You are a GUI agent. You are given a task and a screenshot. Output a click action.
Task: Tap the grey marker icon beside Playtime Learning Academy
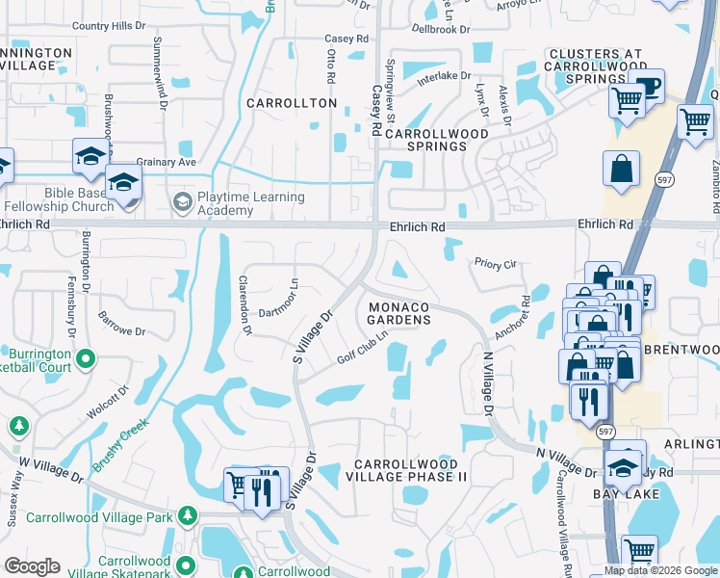point(182,202)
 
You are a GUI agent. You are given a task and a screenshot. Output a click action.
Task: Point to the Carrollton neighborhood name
point(293,103)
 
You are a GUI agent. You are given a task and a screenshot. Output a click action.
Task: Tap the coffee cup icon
point(650,86)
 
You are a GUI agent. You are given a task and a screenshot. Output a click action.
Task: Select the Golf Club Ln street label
point(362,348)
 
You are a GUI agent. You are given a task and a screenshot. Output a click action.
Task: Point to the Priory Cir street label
point(496,262)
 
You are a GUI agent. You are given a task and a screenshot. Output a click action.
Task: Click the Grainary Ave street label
point(166,162)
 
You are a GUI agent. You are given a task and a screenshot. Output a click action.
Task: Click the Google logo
point(32,566)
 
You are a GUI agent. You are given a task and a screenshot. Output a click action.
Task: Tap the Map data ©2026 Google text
point(660,570)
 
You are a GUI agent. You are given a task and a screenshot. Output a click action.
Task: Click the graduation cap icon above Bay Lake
point(623,467)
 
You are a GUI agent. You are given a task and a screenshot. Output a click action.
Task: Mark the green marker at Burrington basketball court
point(86,359)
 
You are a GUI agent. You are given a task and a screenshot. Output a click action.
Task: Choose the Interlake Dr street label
point(444,77)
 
